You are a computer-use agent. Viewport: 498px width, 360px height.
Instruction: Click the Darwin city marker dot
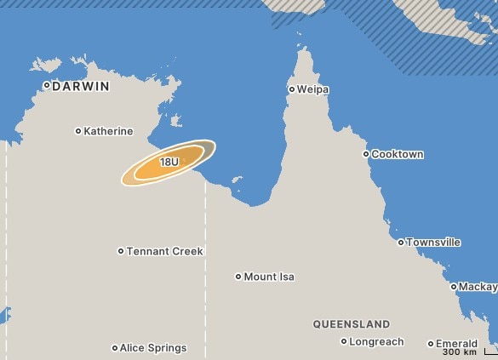tap(47, 85)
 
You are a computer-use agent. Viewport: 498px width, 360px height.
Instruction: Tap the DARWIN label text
tap(81, 86)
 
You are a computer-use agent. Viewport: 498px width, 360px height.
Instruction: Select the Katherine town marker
tap(78, 131)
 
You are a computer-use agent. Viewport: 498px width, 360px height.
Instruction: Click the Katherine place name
tap(109, 131)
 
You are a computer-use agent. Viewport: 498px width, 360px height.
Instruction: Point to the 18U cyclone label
tap(169, 162)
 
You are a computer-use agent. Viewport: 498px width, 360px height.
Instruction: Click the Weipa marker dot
tap(291, 89)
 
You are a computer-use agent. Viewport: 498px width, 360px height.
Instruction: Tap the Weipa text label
tap(313, 89)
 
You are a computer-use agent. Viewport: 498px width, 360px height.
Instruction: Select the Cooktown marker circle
tap(366, 154)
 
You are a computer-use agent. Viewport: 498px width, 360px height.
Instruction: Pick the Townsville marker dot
tap(401, 243)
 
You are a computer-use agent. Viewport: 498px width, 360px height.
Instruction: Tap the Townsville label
tap(434, 243)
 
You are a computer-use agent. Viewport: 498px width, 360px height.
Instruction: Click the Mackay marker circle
tap(454, 287)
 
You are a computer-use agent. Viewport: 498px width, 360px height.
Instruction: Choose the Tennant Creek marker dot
tap(121, 251)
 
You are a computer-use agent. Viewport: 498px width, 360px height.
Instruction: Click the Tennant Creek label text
tap(165, 251)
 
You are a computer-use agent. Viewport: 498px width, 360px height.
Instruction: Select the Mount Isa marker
tap(238, 277)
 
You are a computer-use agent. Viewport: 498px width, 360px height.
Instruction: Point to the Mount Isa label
tap(269, 277)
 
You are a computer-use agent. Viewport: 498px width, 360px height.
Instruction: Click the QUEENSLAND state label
tap(352, 324)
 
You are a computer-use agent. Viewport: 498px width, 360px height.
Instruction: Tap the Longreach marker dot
tap(344, 341)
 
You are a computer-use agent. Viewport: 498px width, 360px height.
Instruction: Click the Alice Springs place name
tap(153, 347)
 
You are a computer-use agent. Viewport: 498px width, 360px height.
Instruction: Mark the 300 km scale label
tap(459, 352)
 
